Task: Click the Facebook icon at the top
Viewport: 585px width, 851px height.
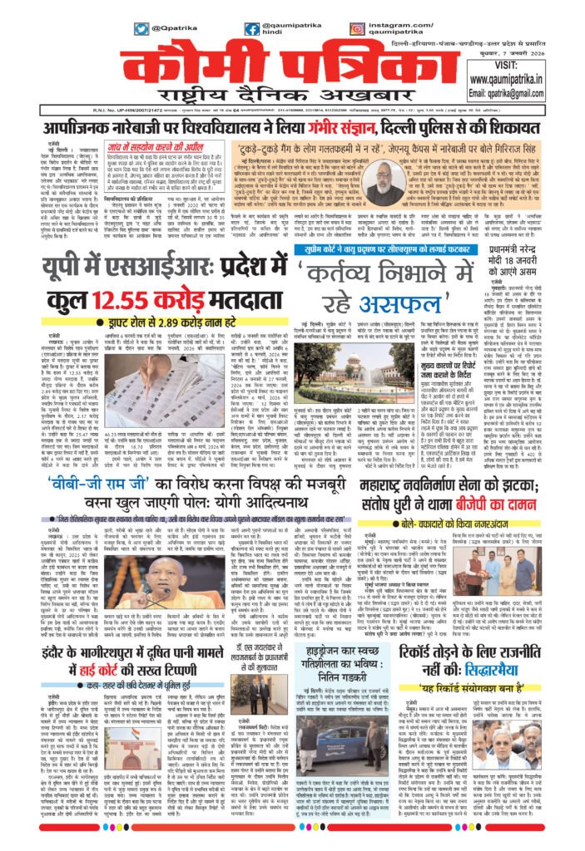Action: tap(252, 28)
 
